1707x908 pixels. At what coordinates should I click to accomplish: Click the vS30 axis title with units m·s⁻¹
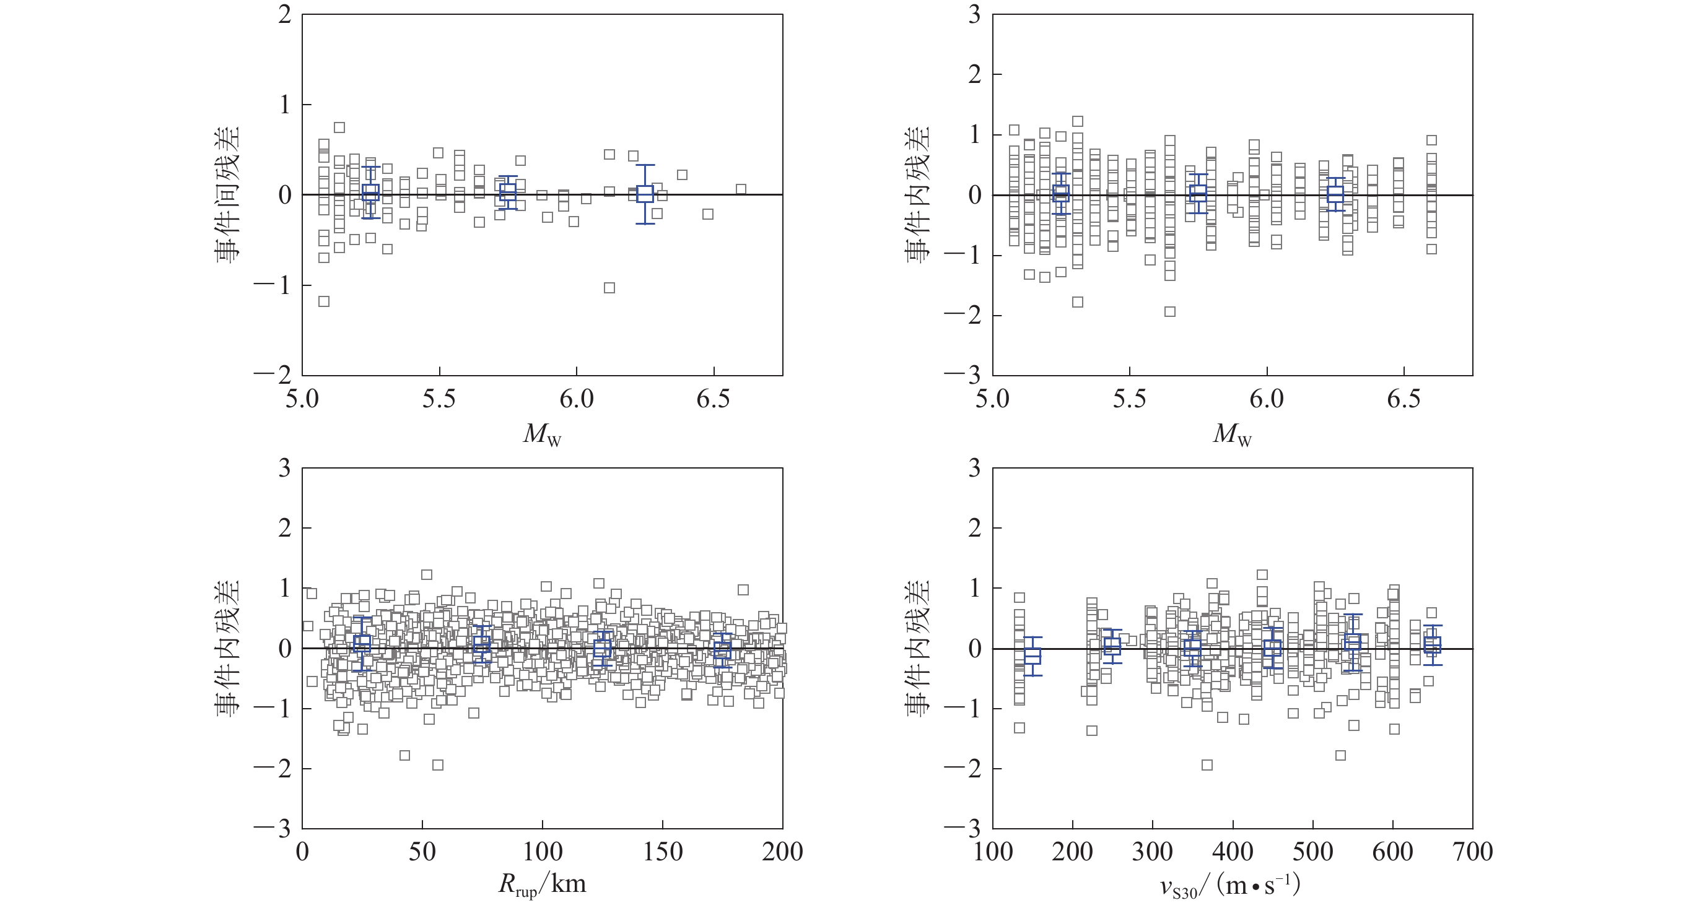click(x=1231, y=886)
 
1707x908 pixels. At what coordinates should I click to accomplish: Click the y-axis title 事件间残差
click(x=228, y=195)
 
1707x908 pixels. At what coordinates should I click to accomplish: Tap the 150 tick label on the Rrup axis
click(x=663, y=852)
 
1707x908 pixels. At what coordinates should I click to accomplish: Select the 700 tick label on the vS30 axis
click(x=1472, y=852)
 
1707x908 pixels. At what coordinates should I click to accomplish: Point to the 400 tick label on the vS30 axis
click(x=1233, y=852)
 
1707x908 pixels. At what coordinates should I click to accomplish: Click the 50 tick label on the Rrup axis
click(x=422, y=852)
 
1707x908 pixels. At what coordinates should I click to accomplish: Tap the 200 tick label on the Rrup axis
click(x=782, y=852)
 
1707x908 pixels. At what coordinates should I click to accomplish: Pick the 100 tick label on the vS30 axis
click(x=993, y=852)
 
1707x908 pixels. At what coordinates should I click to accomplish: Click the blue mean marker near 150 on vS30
click(x=1032, y=655)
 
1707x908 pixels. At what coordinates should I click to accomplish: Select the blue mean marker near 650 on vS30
click(x=1433, y=644)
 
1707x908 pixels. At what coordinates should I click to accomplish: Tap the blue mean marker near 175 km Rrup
click(x=722, y=650)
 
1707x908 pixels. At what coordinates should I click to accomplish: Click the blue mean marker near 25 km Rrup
click(x=362, y=643)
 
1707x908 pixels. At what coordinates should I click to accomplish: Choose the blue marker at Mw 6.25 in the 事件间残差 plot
click(x=645, y=194)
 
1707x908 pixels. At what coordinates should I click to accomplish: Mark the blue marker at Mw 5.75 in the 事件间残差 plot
click(x=508, y=192)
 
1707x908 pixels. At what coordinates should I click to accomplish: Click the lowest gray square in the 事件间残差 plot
click(x=324, y=301)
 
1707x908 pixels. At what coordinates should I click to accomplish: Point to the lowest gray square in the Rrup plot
click(x=437, y=765)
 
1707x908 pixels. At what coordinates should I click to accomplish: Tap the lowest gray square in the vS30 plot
click(x=1207, y=765)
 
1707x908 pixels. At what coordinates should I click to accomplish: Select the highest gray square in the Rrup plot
click(x=427, y=575)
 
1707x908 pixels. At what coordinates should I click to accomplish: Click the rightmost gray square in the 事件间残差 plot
click(x=741, y=189)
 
